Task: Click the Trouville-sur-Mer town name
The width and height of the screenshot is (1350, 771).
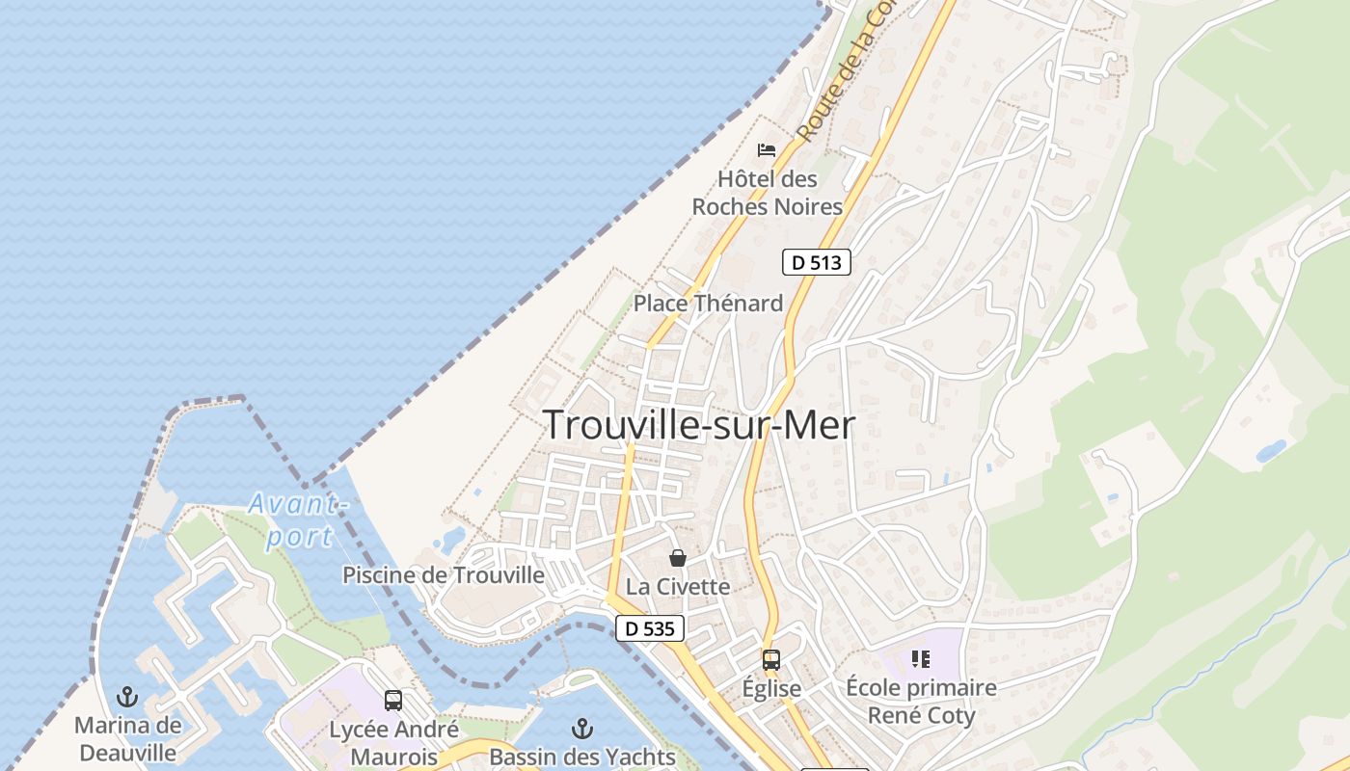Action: pyautogui.click(x=699, y=425)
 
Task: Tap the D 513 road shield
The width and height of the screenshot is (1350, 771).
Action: pyautogui.click(x=816, y=261)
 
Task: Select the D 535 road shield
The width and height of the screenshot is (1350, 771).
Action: pyautogui.click(x=650, y=628)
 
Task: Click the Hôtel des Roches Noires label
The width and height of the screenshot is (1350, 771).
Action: pyautogui.click(x=768, y=193)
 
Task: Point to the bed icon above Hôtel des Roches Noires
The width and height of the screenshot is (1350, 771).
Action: pyautogui.click(x=767, y=149)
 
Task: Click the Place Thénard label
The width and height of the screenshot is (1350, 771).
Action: pyautogui.click(x=708, y=304)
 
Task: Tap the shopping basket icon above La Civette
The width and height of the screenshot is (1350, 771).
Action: pyautogui.click(x=678, y=557)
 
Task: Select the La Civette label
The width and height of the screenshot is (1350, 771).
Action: pyautogui.click(x=678, y=586)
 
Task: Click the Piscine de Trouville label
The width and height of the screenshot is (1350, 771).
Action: pyautogui.click(x=444, y=575)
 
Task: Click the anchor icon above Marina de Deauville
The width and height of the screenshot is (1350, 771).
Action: pyautogui.click(x=127, y=696)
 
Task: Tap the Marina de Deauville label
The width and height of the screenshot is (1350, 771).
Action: pyautogui.click(x=127, y=738)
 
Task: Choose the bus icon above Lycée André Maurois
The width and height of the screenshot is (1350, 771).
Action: pyautogui.click(x=393, y=701)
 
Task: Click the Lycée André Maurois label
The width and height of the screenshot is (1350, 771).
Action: pyautogui.click(x=393, y=742)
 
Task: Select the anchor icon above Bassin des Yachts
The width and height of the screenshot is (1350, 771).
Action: pyautogui.click(x=582, y=728)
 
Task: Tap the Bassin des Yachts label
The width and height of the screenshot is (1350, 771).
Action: pyautogui.click(x=582, y=757)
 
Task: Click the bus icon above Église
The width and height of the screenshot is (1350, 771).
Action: pyautogui.click(x=771, y=660)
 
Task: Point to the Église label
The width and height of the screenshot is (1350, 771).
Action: pyautogui.click(x=771, y=689)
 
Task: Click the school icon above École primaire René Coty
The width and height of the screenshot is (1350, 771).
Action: pyautogui.click(x=921, y=659)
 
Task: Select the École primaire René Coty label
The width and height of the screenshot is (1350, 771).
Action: pyautogui.click(x=921, y=702)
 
